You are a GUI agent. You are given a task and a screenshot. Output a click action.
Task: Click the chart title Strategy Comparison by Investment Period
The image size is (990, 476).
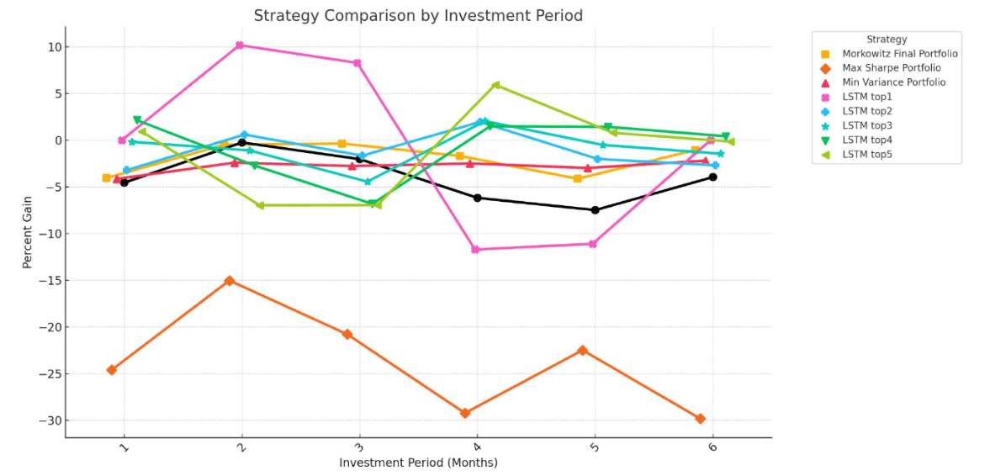tap(418, 16)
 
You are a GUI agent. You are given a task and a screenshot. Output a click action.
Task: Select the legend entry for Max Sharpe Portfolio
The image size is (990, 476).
tap(891, 68)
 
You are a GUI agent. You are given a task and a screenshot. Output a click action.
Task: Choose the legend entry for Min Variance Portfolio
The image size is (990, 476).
tap(893, 82)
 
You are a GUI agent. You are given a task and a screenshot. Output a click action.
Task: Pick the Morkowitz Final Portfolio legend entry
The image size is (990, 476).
tap(899, 54)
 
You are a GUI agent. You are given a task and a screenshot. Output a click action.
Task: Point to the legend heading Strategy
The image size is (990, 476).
tap(887, 40)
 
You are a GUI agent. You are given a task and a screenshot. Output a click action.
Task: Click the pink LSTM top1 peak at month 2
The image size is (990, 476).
tap(240, 45)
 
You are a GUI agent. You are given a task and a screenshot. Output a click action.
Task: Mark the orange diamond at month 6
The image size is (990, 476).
tap(700, 419)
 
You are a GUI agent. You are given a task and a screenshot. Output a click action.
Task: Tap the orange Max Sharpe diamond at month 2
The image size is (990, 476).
tap(230, 281)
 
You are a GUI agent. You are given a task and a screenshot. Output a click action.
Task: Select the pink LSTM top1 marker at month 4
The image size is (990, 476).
tap(475, 250)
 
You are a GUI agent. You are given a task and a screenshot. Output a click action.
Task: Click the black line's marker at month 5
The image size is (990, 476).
tap(595, 210)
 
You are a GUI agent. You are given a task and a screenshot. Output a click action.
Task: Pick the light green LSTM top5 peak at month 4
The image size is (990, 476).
tap(495, 85)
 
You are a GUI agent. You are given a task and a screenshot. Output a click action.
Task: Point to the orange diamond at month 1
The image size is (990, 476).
tap(112, 370)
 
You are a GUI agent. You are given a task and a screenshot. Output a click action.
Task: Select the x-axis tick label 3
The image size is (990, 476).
tap(359, 447)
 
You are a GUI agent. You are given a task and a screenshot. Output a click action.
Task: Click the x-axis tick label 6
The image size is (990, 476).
tap(712, 447)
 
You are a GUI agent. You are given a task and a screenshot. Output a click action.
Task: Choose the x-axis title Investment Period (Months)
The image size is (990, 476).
tap(418, 463)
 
